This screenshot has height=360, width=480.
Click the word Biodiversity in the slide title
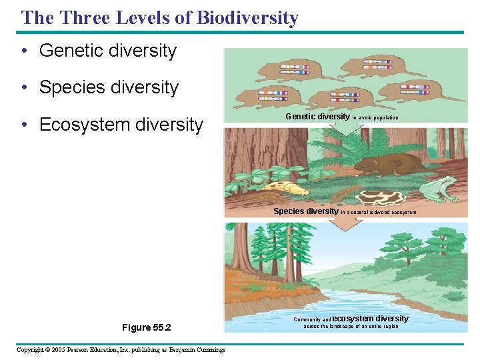click(247, 18)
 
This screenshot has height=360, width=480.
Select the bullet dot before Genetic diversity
click(23, 51)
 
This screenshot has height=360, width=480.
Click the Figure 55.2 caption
click(146, 327)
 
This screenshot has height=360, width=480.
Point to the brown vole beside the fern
click(387, 164)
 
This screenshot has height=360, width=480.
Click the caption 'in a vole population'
click(375, 117)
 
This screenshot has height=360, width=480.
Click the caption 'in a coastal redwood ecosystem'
click(379, 212)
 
